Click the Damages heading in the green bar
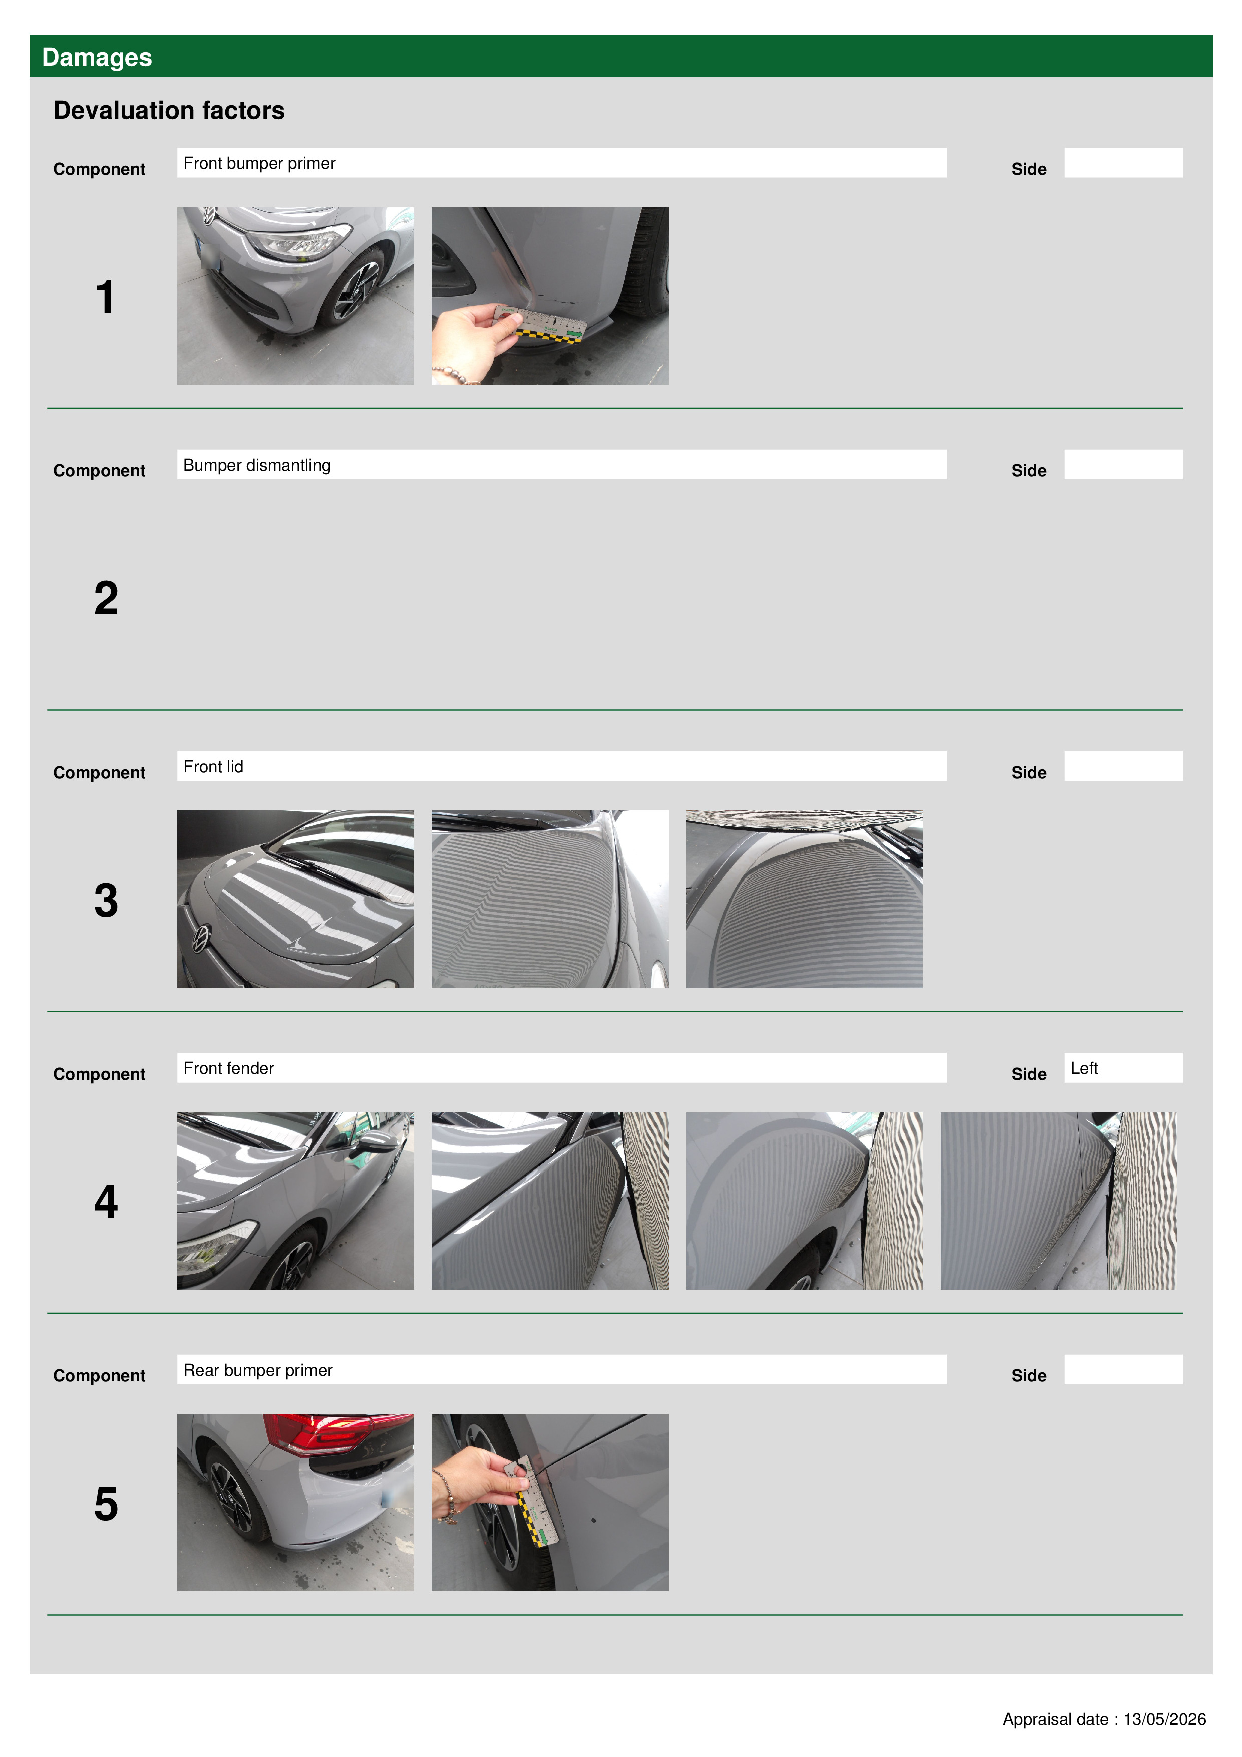(97, 58)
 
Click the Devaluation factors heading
(169, 110)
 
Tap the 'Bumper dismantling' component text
(257, 465)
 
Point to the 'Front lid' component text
(213, 767)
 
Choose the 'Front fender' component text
(229, 1068)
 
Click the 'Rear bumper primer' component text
(258, 1370)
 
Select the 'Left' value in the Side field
(1084, 1068)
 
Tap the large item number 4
(106, 1202)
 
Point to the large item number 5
(106, 1504)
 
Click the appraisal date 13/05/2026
(1165, 1719)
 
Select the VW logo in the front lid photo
(200, 938)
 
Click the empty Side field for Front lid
(1123, 766)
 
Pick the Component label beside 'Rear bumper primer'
(100, 1376)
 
